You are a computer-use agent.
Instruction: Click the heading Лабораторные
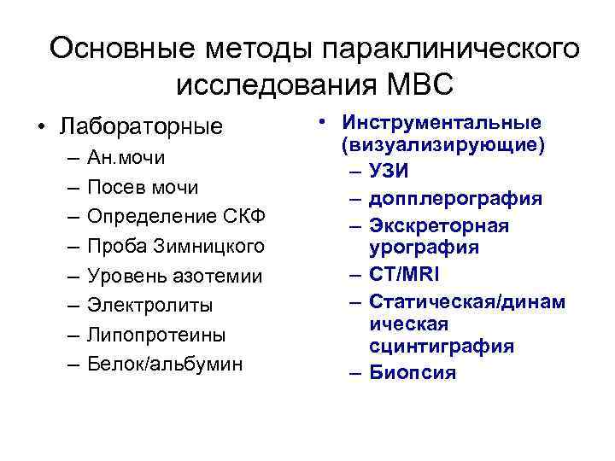coord(141,127)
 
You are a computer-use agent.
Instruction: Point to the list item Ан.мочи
coord(126,158)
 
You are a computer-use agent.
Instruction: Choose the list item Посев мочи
coord(143,187)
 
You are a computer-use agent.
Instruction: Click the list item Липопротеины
coord(155,334)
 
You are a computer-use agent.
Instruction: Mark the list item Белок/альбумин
coord(165,364)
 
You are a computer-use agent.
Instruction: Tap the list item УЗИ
coord(389,171)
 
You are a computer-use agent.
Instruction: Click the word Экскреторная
coord(439,225)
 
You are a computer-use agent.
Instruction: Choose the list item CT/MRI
coord(405,275)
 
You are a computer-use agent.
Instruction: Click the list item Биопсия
coord(413,373)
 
